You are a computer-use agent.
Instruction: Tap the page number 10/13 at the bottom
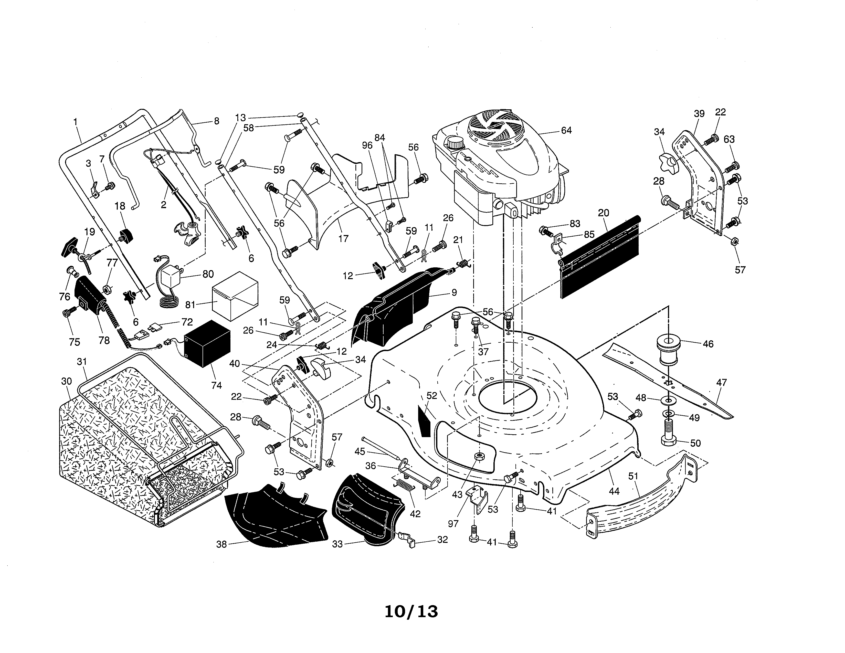coord(411,612)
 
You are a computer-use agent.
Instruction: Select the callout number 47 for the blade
coord(721,383)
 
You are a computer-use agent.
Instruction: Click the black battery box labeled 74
coord(207,343)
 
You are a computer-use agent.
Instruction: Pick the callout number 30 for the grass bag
coord(67,381)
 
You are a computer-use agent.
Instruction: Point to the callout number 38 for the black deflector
coord(221,544)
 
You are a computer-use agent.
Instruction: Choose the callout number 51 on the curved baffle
coord(633,476)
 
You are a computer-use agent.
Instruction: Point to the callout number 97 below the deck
coord(453,523)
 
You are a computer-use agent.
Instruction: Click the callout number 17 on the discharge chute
coord(343,238)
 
